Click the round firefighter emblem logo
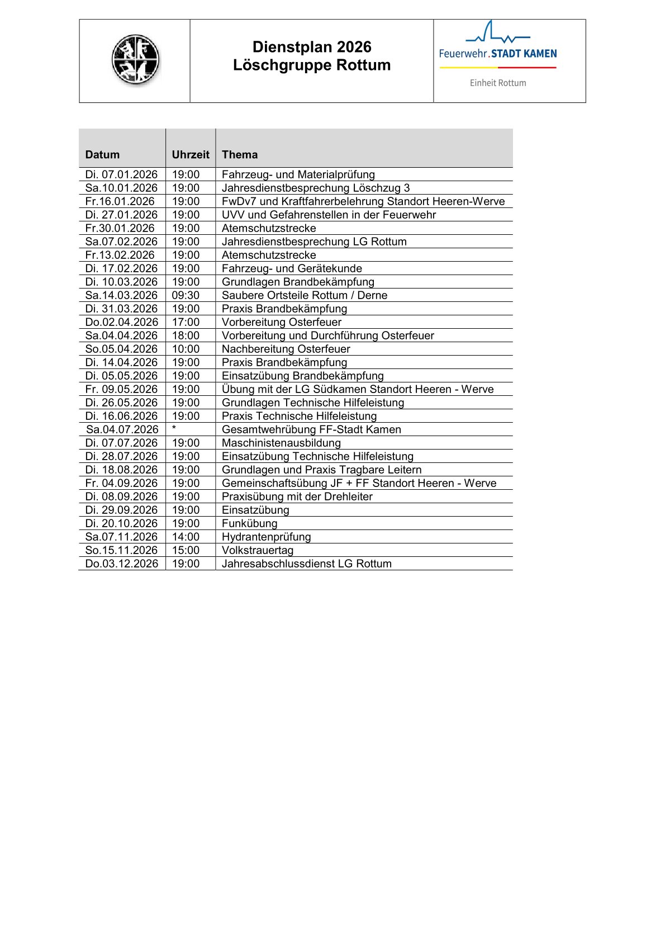click(135, 60)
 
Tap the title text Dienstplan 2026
click(312, 47)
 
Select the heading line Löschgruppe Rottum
click(312, 65)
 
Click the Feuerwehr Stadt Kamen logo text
click(498, 54)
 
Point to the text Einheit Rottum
click(498, 83)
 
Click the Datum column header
click(102, 155)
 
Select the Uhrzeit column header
click(191, 155)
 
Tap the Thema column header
click(240, 155)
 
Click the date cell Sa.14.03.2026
click(121, 295)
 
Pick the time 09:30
click(186, 295)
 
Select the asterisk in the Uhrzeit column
click(174, 428)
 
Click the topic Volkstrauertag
click(258, 550)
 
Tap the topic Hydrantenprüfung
click(266, 537)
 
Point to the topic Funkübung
click(249, 523)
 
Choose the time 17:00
click(186, 322)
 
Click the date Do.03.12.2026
click(122, 564)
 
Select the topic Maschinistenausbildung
click(281, 443)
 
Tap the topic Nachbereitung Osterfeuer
click(286, 349)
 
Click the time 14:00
click(186, 537)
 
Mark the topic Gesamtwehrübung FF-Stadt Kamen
click(311, 429)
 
